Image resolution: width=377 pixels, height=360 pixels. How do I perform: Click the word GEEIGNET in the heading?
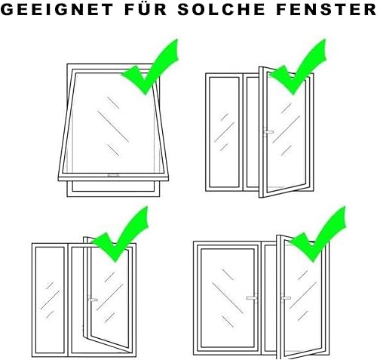(57, 10)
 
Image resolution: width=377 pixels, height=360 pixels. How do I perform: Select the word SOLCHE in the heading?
(222, 10)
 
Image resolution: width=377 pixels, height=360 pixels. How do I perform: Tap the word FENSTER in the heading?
(326, 10)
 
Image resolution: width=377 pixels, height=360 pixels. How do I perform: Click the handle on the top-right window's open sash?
(268, 132)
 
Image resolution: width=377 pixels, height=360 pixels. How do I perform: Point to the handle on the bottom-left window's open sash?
(93, 300)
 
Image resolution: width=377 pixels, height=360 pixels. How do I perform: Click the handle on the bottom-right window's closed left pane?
(253, 298)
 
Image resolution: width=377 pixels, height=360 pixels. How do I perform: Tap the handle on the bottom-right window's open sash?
(286, 298)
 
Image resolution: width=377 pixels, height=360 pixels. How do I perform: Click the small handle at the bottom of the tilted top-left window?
(114, 175)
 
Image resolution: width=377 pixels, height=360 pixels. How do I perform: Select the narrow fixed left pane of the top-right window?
(224, 132)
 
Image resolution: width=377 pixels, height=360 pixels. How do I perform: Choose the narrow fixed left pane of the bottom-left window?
(50, 300)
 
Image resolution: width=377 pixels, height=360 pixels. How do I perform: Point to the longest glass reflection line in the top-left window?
(113, 127)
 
